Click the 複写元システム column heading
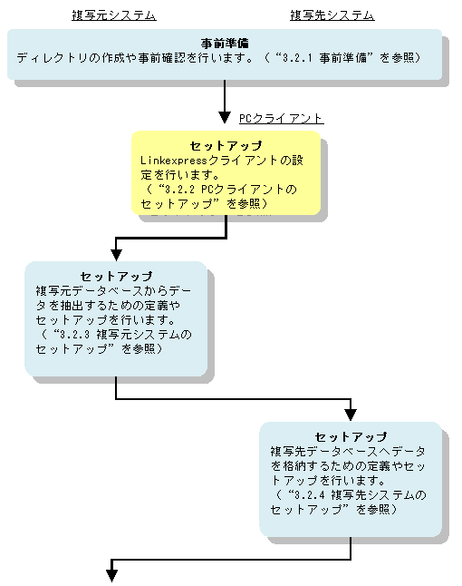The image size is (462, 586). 114,15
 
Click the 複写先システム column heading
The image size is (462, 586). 332,15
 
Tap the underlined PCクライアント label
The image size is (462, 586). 281,119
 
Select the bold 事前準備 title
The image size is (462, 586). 225,44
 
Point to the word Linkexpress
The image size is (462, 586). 174,161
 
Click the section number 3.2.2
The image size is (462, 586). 179,190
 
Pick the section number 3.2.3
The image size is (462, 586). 74,334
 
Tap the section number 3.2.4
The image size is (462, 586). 309,494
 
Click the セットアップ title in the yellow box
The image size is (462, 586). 226,145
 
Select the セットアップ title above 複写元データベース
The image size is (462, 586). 116,276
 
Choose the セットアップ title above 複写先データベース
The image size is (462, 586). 351,437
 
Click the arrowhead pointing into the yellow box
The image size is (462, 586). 225,117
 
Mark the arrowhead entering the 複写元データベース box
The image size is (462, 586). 116,255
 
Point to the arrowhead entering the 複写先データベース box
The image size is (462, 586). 351,415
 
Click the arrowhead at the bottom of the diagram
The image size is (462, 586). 111,575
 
